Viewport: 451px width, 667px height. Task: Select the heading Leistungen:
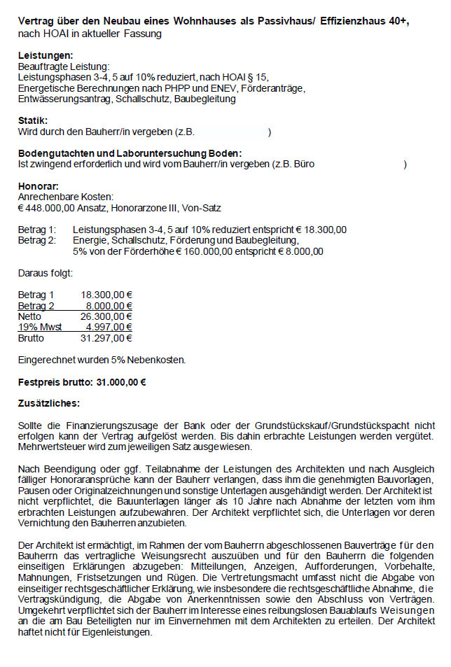point(45,55)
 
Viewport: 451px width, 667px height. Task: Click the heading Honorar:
point(38,185)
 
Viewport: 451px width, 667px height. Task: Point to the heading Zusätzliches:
point(48,403)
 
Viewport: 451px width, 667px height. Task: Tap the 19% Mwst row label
point(40,327)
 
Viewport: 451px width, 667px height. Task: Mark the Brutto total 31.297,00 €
point(106,338)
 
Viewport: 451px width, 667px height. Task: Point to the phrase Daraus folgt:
point(45,274)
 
